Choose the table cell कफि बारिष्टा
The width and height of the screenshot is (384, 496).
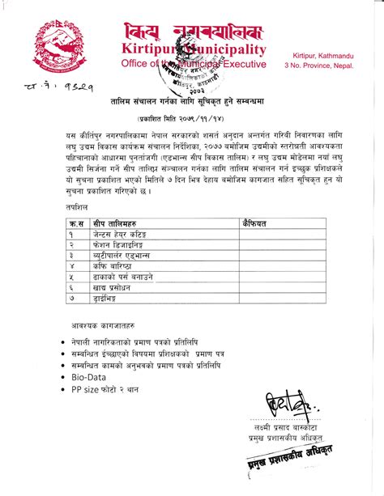tap(113, 265)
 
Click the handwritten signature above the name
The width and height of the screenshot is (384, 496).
tap(284, 405)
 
